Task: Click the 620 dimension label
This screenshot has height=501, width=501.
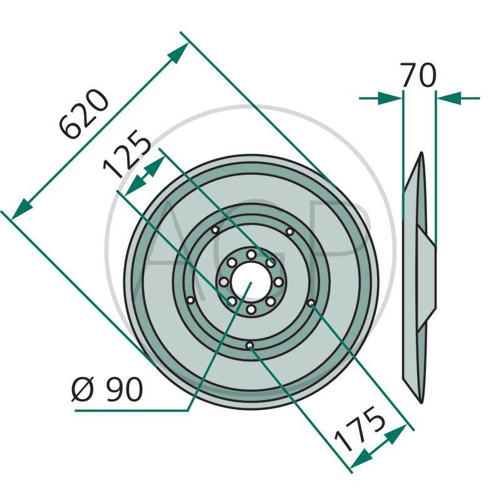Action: (x=85, y=114)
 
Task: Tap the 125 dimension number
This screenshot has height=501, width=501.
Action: (x=127, y=154)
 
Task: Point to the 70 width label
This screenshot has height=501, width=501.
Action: (x=418, y=75)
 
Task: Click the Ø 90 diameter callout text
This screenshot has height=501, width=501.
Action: (x=107, y=389)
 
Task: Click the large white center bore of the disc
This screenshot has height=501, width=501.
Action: (x=251, y=282)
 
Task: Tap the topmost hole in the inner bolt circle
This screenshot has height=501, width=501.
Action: (x=251, y=255)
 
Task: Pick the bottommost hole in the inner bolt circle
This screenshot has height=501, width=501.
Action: (x=251, y=309)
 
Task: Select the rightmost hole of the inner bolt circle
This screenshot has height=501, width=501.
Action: (x=279, y=282)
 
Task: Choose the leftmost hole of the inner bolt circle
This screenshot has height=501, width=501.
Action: (x=224, y=282)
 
